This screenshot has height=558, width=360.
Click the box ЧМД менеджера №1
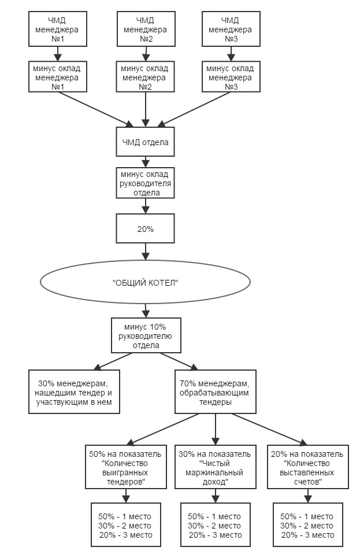[x=58, y=29]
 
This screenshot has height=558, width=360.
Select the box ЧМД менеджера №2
[x=146, y=29]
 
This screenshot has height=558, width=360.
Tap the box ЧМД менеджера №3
[x=231, y=29]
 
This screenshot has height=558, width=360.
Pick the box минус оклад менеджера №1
[x=58, y=77]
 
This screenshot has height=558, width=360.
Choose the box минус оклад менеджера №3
[x=231, y=77]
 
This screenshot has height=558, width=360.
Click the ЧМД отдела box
[x=145, y=142]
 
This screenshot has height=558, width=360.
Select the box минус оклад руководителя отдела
[x=145, y=183]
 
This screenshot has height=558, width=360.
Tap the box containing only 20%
[x=145, y=228]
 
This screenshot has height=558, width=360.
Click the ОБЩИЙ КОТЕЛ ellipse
[x=145, y=282]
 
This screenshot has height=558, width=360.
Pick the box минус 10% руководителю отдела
[x=146, y=335]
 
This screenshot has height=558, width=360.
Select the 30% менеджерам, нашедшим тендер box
[x=74, y=392]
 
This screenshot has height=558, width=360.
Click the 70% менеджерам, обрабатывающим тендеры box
[x=215, y=392]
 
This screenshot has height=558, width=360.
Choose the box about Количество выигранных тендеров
[x=125, y=467]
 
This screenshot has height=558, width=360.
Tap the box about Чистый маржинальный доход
[x=215, y=467]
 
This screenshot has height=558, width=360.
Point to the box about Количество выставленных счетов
[x=308, y=467]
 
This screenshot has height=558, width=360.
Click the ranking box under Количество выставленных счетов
[x=308, y=524]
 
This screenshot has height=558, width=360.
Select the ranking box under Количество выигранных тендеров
[x=125, y=524]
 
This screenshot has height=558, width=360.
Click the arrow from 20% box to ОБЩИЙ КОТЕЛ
[x=146, y=252]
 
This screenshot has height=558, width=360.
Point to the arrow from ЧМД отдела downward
[x=146, y=161]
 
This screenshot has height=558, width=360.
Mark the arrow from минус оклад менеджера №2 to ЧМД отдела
[x=146, y=110]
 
